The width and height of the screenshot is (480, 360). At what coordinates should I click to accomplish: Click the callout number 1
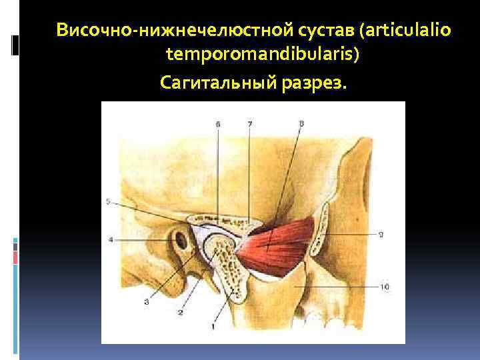click(x=213, y=325)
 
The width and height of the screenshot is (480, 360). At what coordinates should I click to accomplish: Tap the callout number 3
click(x=145, y=302)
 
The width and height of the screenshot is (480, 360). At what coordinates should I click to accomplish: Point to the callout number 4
click(x=111, y=239)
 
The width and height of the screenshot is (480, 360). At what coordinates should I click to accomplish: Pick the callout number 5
click(x=108, y=202)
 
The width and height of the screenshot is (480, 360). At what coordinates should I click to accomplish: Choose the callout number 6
click(x=218, y=124)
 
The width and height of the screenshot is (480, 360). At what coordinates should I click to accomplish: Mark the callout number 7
click(x=249, y=124)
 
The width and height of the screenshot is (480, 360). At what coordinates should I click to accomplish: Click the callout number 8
click(x=301, y=123)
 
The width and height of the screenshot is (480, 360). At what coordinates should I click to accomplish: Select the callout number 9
click(x=379, y=233)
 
